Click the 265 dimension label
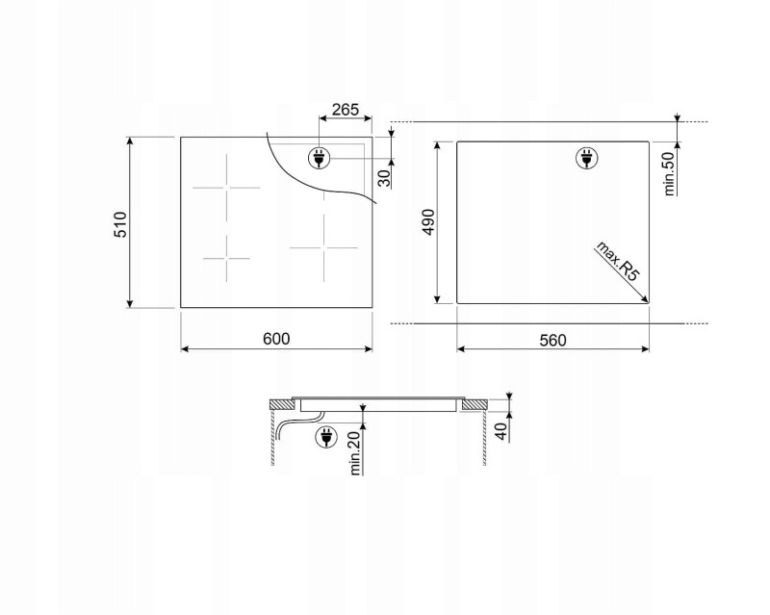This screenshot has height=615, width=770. pyautogui.click(x=346, y=109)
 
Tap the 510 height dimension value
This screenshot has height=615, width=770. pyautogui.click(x=120, y=224)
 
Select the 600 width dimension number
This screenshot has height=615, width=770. pyautogui.click(x=276, y=339)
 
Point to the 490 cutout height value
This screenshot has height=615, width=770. pyautogui.click(x=428, y=222)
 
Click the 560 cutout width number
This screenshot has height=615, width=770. pyautogui.click(x=552, y=340)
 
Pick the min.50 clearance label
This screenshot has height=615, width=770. pyautogui.click(x=669, y=173)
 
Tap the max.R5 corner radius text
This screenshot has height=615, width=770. pyautogui.click(x=618, y=261)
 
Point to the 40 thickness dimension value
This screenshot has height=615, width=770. pyautogui.click(x=500, y=431)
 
